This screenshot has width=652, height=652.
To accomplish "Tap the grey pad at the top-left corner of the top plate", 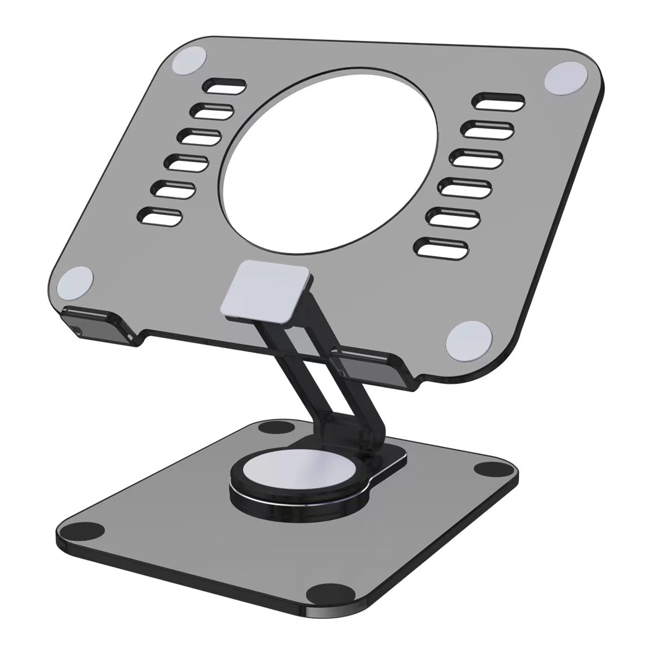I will click(188, 61).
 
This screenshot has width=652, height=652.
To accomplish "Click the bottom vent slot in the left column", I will click(160, 216).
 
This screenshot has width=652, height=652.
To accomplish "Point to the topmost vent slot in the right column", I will click(498, 101).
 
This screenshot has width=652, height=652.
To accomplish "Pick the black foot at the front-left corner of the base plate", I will click(86, 531).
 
